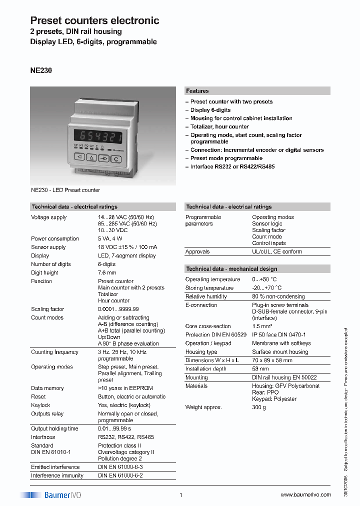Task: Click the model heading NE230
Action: tap(41, 71)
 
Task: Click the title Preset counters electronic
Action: tap(94, 20)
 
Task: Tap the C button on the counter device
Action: tap(115, 159)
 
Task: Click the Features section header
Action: tap(197, 91)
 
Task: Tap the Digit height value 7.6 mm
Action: tap(107, 272)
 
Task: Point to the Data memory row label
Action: tap(47, 388)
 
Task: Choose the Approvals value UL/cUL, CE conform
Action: tap(277, 251)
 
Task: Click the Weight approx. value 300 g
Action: tap(259, 407)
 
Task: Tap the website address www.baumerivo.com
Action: tap(305, 494)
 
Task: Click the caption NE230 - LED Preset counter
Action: tap(65, 190)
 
